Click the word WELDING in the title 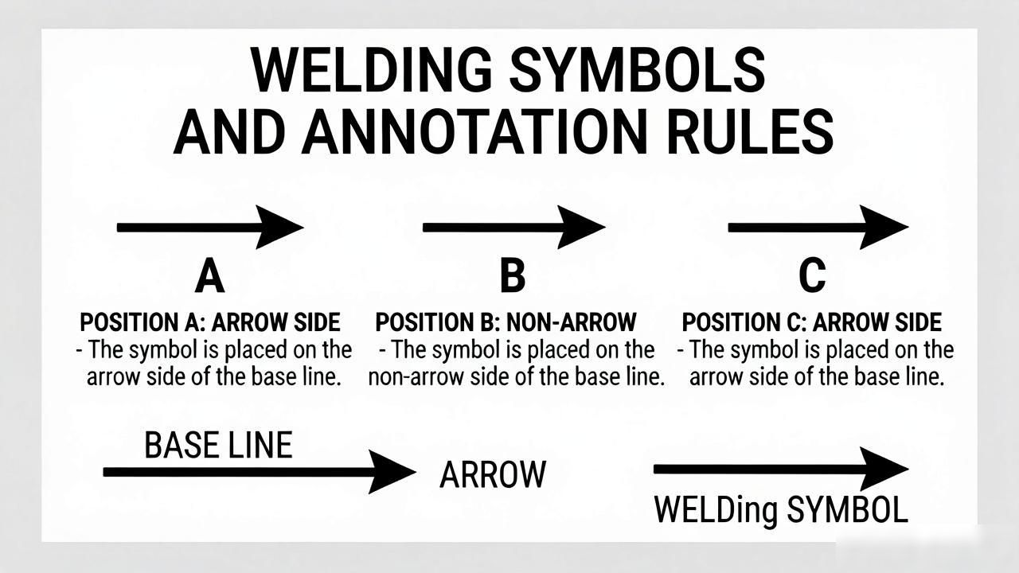(372, 71)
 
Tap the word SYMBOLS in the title (638, 71)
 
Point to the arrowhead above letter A (279, 227)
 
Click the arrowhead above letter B (581, 227)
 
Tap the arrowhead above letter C (884, 227)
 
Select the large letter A (209, 275)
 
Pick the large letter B (513, 275)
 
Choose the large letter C (812, 275)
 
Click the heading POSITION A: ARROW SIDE (210, 322)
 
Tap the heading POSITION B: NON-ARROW (506, 322)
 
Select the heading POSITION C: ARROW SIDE (812, 322)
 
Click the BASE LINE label (218, 445)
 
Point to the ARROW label (493, 474)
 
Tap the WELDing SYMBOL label (781, 510)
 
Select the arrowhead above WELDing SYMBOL (884, 469)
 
